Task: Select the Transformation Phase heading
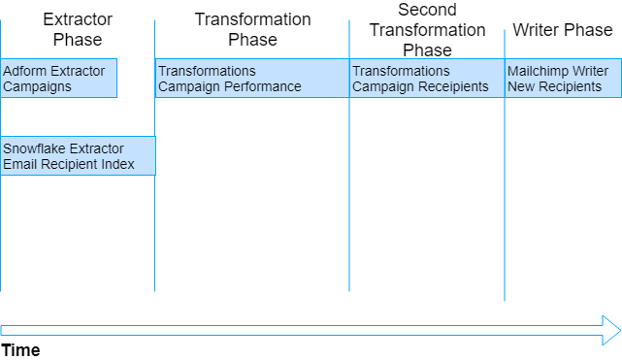252,29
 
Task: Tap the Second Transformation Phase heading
427,29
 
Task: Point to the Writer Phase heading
563,30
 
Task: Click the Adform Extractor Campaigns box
58,79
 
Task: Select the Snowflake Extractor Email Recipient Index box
78,155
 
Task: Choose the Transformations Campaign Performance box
251,79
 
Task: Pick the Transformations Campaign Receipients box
427,79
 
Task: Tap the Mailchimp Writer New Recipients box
563,79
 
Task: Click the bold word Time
20,350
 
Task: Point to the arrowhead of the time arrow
611,329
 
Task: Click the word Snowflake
33,148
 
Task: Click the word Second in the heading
427,10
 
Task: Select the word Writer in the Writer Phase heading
535,30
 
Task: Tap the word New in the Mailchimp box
521,86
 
